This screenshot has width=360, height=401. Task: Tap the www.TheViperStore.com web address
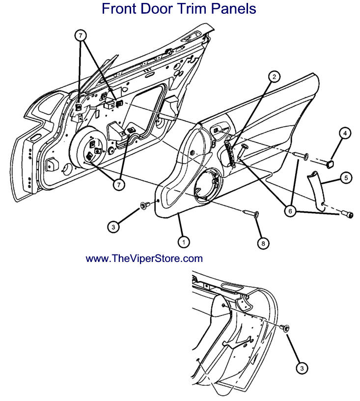(144, 258)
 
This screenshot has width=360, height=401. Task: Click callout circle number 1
(183, 242)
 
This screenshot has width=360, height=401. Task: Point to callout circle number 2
(274, 76)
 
